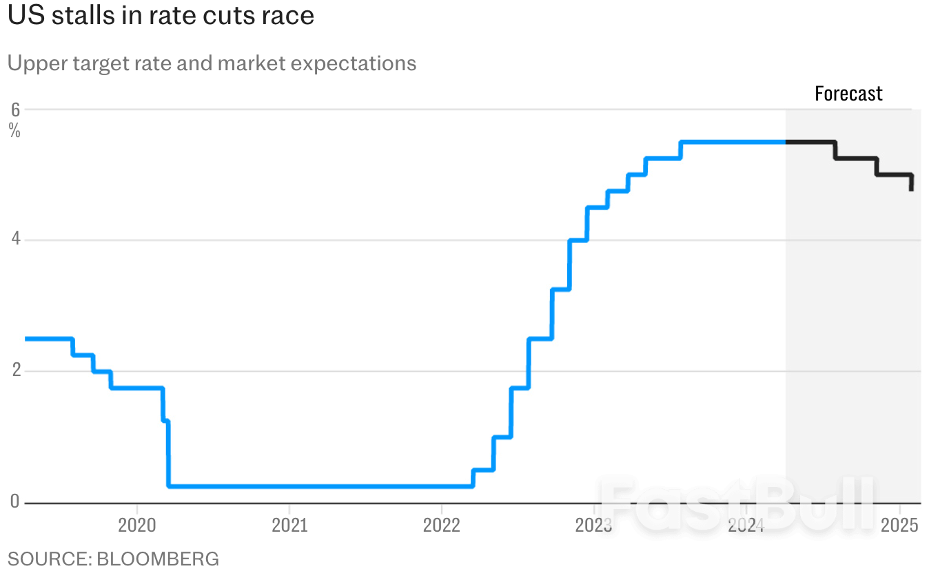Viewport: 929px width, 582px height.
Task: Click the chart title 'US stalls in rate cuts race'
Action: [x=161, y=16]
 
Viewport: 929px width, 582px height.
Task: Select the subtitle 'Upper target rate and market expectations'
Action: [x=212, y=63]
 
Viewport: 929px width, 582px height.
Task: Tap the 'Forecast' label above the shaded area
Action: [x=848, y=94]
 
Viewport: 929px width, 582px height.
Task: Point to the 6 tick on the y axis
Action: [x=14, y=110]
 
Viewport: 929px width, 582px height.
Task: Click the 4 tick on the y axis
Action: [x=14, y=240]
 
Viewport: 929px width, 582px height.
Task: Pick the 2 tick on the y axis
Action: [x=14, y=371]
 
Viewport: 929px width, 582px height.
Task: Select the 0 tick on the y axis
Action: [x=14, y=502]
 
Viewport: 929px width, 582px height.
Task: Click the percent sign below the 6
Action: [x=14, y=130]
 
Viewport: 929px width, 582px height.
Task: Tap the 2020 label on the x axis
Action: [x=137, y=526]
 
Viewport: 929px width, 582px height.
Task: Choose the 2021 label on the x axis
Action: [x=289, y=526]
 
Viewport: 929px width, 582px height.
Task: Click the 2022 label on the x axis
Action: [x=442, y=526]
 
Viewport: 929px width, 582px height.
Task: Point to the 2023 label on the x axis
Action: [x=594, y=526]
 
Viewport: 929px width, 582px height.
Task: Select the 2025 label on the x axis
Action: [x=899, y=526]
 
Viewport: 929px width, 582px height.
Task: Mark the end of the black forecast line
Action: [x=912, y=189]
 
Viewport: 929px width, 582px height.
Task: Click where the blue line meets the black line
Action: [x=786, y=142]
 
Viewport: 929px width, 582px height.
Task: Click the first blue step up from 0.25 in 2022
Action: [x=473, y=478]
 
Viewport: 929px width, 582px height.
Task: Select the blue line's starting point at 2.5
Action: [x=26, y=339]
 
